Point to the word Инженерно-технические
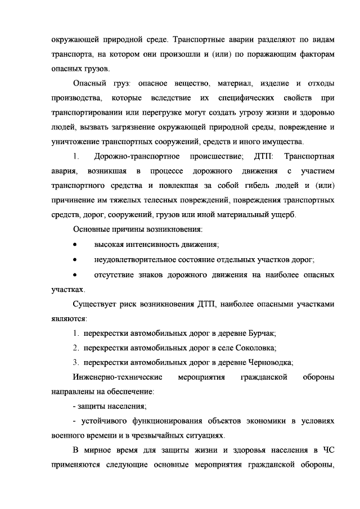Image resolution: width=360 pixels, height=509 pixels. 119,376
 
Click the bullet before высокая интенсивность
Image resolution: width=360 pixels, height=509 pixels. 75,245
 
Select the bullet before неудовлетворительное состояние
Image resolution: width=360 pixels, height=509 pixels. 75,259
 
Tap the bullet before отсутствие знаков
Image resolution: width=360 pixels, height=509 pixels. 75,274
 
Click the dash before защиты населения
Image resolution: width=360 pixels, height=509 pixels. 75,406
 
